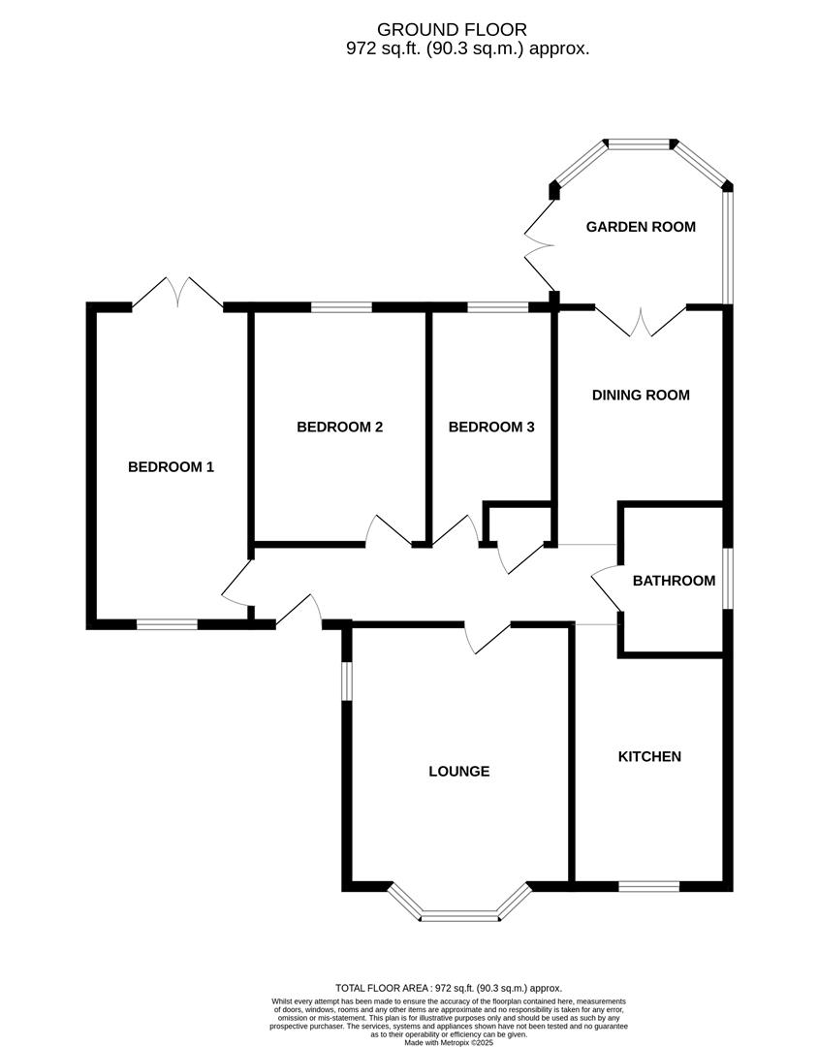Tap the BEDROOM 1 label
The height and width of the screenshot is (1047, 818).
171,467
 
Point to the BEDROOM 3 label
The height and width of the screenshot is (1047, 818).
491,427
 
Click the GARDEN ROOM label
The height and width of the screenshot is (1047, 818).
641,227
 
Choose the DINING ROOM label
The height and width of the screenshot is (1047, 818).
641,395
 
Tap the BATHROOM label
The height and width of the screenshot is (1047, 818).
674,581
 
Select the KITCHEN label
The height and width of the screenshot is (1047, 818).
649,756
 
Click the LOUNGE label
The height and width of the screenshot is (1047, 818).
458,772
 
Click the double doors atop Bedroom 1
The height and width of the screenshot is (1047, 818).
177,294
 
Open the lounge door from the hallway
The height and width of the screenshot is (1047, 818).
488,639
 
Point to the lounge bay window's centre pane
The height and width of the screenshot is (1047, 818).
460,914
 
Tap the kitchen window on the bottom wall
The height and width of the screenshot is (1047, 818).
649,886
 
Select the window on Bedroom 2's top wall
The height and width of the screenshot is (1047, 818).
341,308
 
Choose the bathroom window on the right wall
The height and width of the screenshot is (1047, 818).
728,580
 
